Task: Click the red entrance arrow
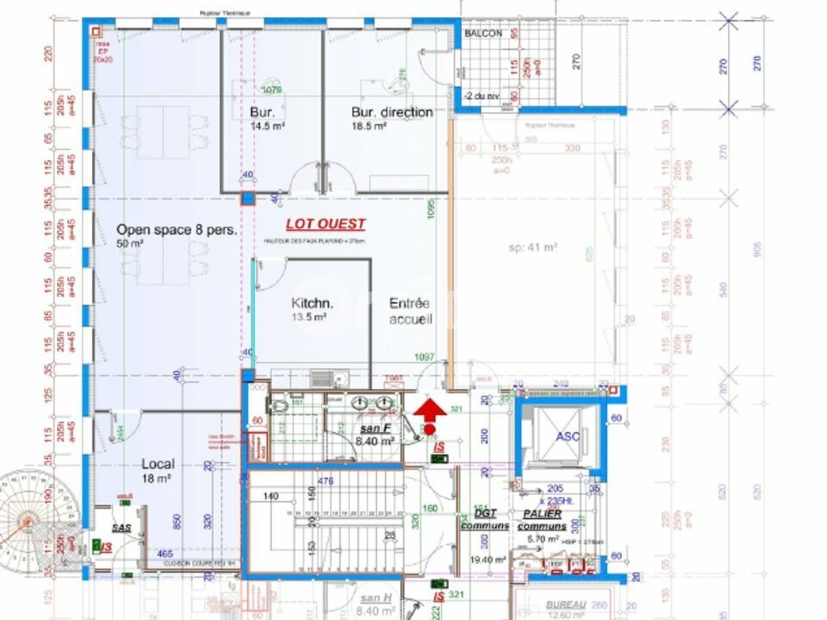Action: click(x=429, y=407)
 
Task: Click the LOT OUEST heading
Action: click(x=326, y=224)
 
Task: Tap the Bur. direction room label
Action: click(x=392, y=112)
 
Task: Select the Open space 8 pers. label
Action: click(x=177, y=230)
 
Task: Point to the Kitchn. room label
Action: click(x=312, y=303)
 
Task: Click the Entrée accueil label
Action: click(x=410, y=311)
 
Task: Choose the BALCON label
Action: click(x=483, y=33)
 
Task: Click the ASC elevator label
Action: click(x=567, y=437)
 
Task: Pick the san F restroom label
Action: click(x=376, y=428)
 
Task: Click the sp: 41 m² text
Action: click(x=532, y=247)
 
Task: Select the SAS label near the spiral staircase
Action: click(x=121, y=527)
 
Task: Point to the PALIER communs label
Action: click(x=541, y=519)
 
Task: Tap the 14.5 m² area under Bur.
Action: click(x=267, y=126)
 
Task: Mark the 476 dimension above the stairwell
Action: click(x=326, y=481)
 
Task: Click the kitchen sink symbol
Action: click(x=323, y=378)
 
